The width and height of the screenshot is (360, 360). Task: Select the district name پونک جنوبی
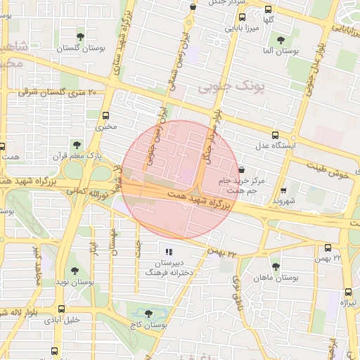click(x=226, y=87)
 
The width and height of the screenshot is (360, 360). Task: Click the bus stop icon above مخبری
click(x=105, y=116)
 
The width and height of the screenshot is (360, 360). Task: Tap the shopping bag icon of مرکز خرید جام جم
click(x=242, y=169)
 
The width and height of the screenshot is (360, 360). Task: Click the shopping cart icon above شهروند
click(x=283, y=190)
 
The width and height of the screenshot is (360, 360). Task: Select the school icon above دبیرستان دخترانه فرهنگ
click(x=167, y=251)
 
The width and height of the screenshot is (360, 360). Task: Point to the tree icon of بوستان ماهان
click(x=275, y=266)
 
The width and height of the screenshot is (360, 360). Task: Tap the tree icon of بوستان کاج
click(x=148, y=314)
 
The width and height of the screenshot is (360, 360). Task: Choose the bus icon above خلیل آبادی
click(x=63, y=309)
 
